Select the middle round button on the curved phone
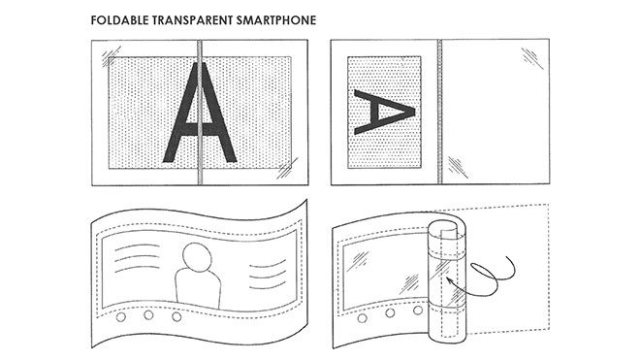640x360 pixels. click(x=150, y=315)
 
